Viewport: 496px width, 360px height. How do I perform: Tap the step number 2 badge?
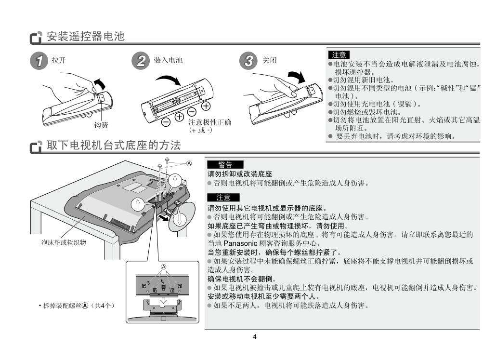141,61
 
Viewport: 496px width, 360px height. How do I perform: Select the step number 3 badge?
249,61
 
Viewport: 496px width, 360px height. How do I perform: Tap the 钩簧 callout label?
101,125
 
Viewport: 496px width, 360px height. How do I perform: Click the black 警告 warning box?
225,165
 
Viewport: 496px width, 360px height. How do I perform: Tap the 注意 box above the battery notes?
339,54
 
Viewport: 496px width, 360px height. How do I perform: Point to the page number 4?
255,336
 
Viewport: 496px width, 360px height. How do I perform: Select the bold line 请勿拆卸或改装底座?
240,173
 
